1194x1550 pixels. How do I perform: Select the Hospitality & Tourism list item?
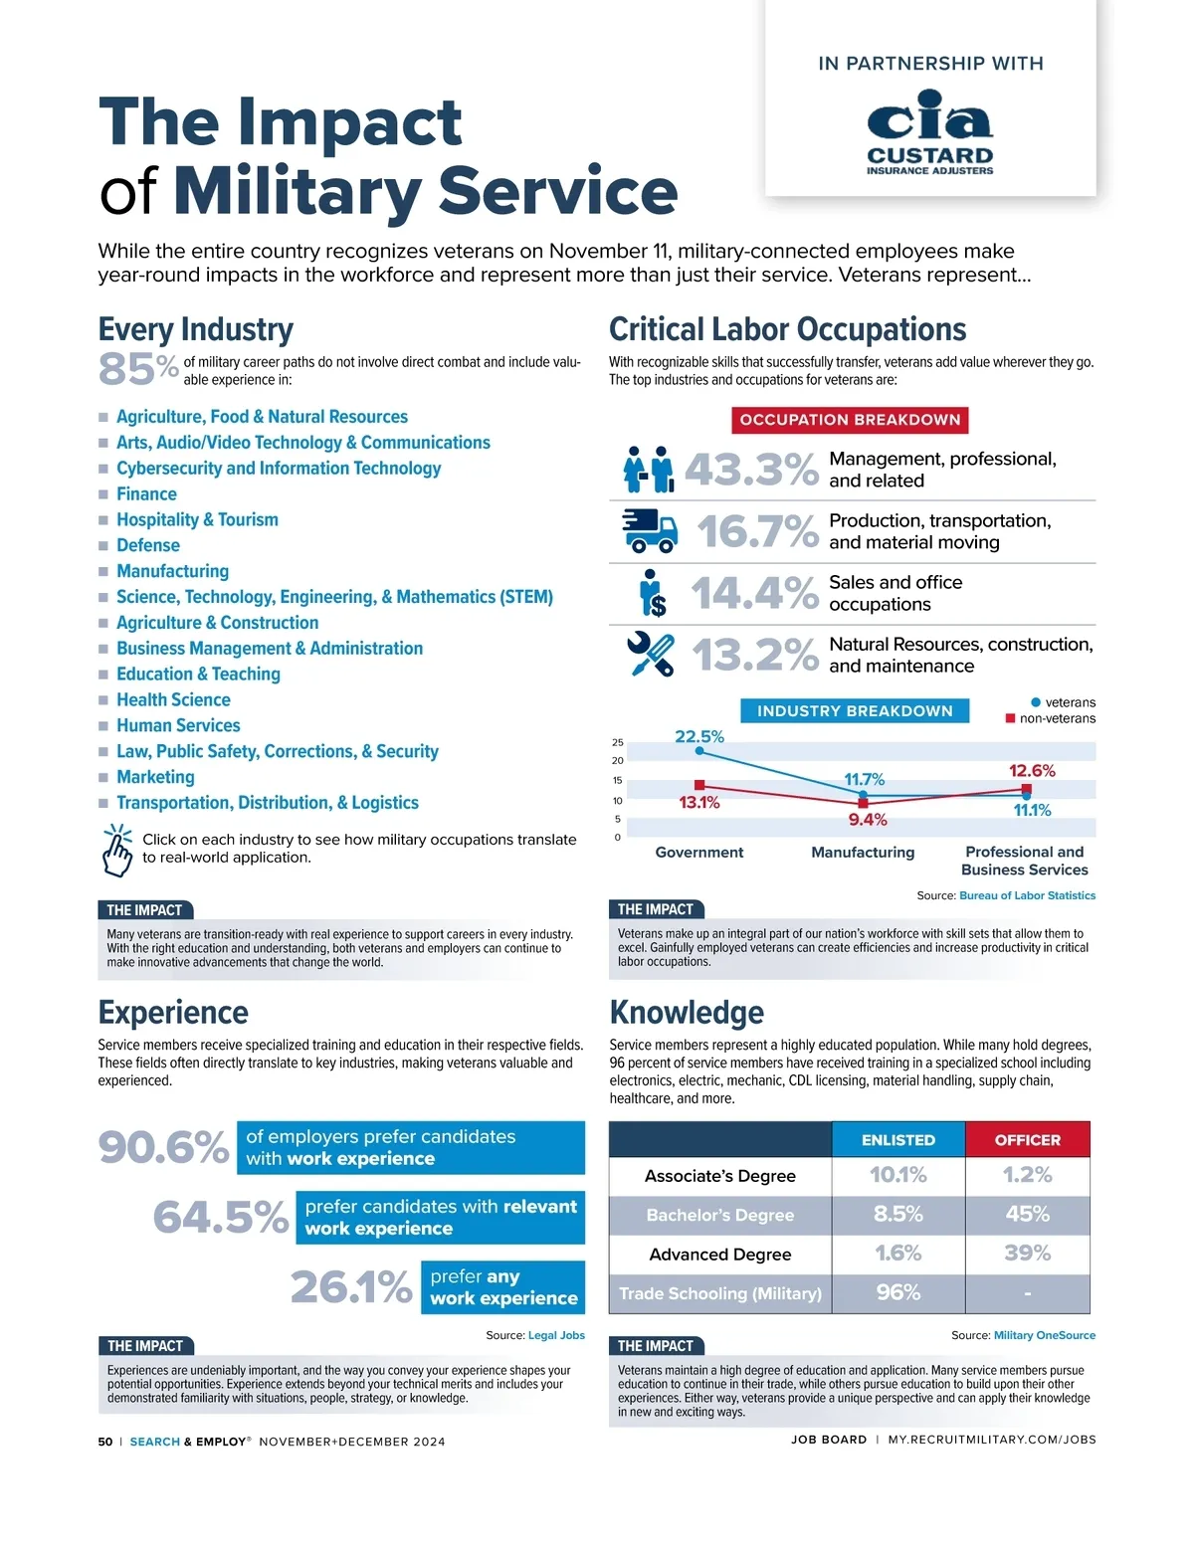click(197, 519)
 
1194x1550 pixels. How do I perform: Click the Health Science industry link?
click(173, 699)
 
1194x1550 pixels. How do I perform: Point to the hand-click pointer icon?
click(116, 850)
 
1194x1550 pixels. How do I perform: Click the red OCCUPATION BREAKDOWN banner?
click(850, 420)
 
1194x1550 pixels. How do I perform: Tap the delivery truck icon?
click(649, 531)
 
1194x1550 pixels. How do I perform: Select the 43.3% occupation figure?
click(750, 470)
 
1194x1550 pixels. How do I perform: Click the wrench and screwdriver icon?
click(650, 655)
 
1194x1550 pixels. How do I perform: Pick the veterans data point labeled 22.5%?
click(699, 751)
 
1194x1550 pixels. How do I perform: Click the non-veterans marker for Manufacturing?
click(863, 803)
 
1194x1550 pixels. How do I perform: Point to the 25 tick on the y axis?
click(618, 742)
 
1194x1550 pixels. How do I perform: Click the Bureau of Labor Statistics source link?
click(1027, 895)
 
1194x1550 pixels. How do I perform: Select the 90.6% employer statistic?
click(163, 1147)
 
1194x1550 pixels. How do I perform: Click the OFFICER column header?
click(1027, 1140)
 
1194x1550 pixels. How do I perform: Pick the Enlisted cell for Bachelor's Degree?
click(897, 1215)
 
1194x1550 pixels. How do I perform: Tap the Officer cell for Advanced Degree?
click(1027, 1254)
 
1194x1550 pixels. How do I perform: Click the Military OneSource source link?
click(1044, 1335)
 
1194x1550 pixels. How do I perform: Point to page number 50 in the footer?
click(105, 1442)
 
